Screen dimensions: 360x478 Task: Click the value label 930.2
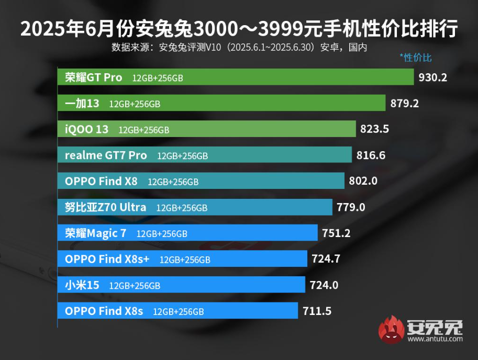pyautogui.click(x=433, y=78)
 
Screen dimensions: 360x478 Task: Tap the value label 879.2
pyautogui.click(x=405, y=104)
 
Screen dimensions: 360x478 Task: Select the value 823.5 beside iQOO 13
pyautogui.click(x=375, y=129)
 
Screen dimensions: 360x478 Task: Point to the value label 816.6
pyautogui.click(x=371, y=155)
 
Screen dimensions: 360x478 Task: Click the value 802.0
pyautogui.click(x=363, y=182)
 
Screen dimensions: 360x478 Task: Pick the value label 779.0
pyautogui.click(x=351, y=207)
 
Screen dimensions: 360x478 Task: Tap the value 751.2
pyautogui.click(x=336, y=233)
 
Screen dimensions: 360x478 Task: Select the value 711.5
pyautogui.click(x=317, y=311)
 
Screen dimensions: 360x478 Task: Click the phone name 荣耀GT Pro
pyautogui.click(x=93, y=78)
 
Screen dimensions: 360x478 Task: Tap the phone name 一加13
pyautogui.click(x=82, y=104)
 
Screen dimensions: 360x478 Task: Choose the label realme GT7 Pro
pyautogui.click(x=106, y=155)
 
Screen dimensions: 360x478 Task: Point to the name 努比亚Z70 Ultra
pyautogui.click(x=105, y=207)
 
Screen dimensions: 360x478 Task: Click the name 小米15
pyautogui.click(x=82, y=285)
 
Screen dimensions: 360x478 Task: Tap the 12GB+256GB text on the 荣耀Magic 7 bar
pyautogui.click(x=161, y=234)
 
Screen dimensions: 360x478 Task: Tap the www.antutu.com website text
pyautogui.click(x=435, y=339)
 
